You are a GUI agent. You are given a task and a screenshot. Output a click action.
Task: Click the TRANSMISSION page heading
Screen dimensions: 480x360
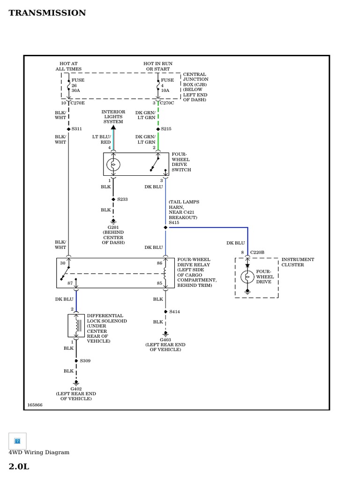(47, 13)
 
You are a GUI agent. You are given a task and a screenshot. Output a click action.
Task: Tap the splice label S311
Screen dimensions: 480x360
(77, 128)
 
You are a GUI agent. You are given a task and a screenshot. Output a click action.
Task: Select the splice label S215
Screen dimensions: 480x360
(167, 128)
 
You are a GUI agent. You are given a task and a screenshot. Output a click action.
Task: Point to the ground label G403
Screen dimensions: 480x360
(165, 339)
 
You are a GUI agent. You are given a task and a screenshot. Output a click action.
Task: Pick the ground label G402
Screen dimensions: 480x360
(76, 389)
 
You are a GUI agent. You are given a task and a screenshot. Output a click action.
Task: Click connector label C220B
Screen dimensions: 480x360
(257, 252)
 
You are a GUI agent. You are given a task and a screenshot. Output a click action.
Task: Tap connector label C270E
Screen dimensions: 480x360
(78, 103)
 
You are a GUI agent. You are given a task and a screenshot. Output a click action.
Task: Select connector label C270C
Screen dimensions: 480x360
(167, 103)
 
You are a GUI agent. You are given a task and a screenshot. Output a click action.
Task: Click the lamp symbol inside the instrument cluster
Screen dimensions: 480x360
(247, 277)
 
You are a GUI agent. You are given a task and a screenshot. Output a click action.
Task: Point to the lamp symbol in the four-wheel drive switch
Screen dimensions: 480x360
(113, 165)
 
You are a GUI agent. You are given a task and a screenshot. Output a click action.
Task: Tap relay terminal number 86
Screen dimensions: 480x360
(160, 263)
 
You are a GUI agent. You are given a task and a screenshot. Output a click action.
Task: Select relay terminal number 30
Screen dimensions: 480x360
(63, 263)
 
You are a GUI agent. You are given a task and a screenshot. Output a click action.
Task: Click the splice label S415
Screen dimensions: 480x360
(174, 223)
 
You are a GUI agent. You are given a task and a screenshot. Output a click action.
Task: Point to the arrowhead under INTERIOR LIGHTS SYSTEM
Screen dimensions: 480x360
(113, 127)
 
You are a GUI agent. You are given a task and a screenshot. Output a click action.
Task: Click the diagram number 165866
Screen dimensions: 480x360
(35, 405)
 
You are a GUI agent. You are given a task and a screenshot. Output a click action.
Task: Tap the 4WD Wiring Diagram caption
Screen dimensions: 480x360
(39, 452)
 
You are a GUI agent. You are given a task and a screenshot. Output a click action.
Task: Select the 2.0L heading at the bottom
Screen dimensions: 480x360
(19, 466)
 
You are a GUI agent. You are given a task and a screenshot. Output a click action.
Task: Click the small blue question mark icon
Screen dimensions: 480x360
(17, 441)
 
